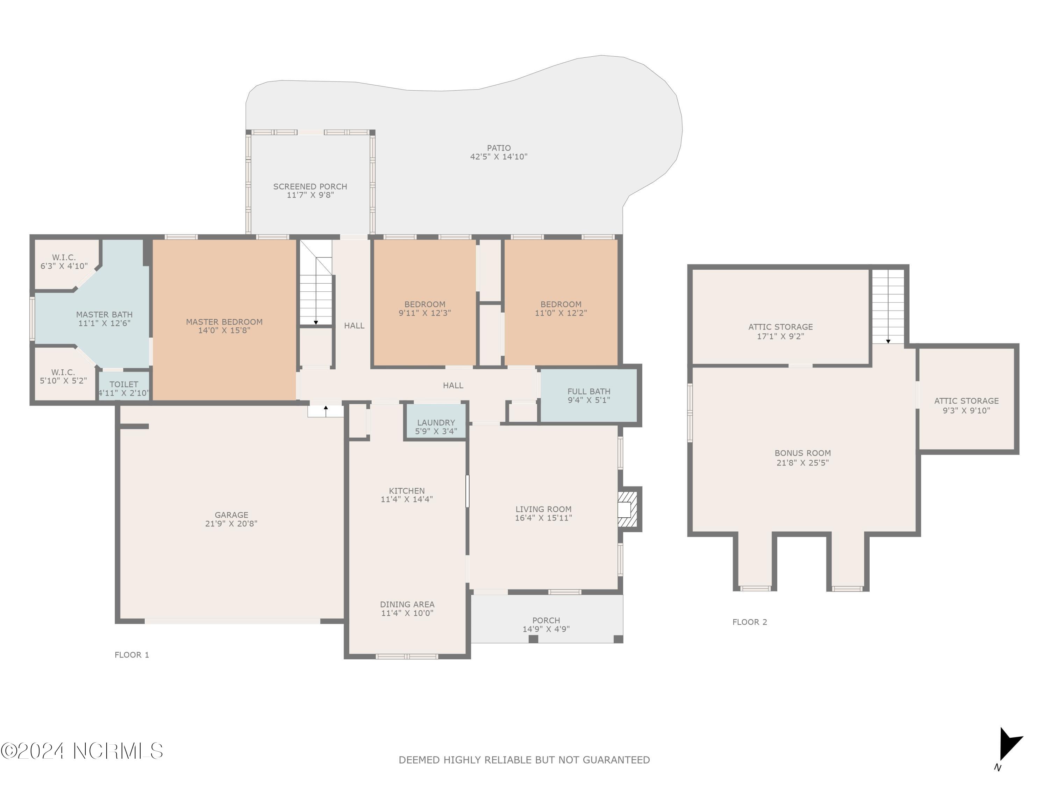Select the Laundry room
pos(436,426)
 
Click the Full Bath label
pos(588,391)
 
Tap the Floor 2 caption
pos(749,622)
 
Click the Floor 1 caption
pos(132,655)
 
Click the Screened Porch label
pos(310,186)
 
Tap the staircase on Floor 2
pos(888,306)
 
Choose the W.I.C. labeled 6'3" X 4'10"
pos(64,261)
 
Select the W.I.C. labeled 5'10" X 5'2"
pos(63,376)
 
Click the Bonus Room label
pos(802,453)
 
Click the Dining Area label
pos(407,604)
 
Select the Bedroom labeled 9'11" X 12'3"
pos(424,309)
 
